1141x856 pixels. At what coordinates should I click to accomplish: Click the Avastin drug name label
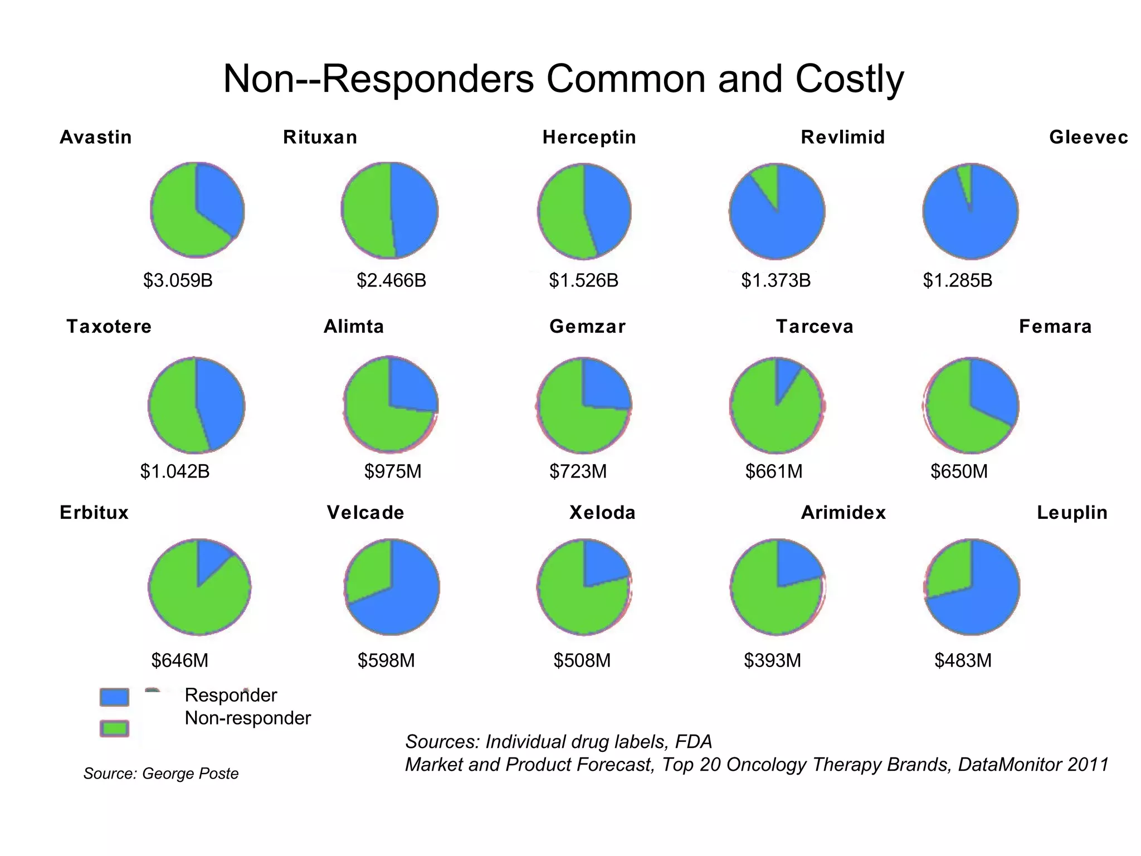[96, 137]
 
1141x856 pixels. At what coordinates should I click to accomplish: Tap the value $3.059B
[178, 280]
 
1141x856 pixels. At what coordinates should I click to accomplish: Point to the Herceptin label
[589, 137]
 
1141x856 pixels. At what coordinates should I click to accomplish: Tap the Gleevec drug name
[1088, 137]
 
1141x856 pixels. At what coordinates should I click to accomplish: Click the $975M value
[393, 471]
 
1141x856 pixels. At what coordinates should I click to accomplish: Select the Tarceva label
[815, 327]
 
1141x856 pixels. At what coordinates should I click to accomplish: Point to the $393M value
[772, 660]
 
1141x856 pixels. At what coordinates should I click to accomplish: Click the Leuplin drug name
[1072, 513]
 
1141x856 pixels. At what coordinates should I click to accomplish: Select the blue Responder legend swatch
[114, 697]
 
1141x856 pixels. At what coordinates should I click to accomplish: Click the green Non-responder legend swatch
[114, 728]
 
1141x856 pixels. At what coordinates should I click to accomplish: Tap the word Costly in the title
[849, 79]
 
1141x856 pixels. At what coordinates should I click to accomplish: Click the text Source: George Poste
[161, 774]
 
